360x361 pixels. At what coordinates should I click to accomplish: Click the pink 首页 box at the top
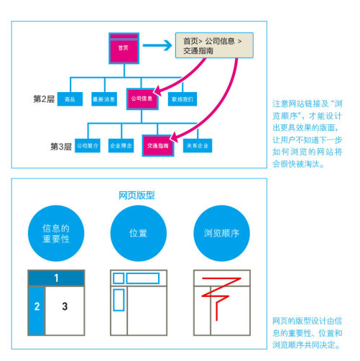coord(124,46)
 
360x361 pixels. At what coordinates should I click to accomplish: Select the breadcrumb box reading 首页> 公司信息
coord(214,47)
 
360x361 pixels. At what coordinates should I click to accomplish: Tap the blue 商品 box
coord(70,99)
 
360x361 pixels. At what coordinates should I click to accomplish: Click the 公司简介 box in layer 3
coord(88,145)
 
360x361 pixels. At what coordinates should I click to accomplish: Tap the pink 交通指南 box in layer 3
coord(159,145)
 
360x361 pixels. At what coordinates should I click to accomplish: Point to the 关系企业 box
coord(197,145)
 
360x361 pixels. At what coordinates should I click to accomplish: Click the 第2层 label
coord(44,99)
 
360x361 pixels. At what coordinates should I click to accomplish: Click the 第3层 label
coord(60,146)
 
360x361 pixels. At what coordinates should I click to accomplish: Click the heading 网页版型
coord(137,195)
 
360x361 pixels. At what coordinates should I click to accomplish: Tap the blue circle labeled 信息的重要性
coord(55,234)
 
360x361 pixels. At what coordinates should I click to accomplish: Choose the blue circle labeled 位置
coord(138,234)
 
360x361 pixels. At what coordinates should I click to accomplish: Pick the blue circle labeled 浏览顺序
coord(221,234)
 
